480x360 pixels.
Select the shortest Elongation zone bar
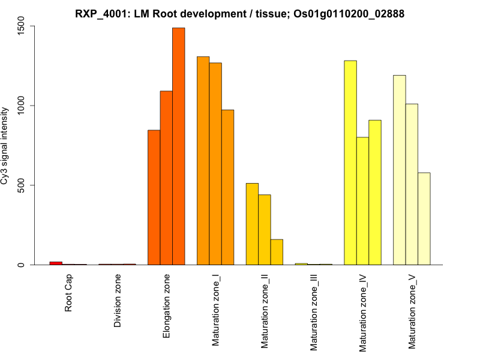(x=154, y=197)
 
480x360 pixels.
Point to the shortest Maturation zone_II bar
(x=277, y=252)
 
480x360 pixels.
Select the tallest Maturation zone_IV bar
(x=350, y=163)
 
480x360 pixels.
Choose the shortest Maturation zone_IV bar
(x=362, y=201)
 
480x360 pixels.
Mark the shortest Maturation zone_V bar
(x=424, y=218)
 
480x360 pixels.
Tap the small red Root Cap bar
(x=56, y=263)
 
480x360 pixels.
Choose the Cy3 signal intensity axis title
(x=7, y=146)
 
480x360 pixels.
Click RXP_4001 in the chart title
(x=100, y=13)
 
